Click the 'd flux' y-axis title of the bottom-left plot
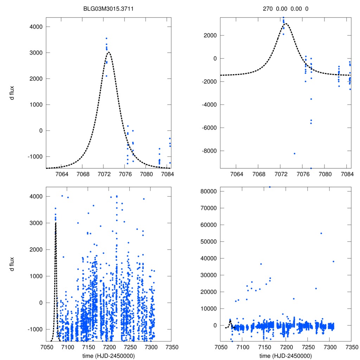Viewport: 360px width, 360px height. coord(12,264)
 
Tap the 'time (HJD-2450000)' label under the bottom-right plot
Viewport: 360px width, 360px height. coord(285,356)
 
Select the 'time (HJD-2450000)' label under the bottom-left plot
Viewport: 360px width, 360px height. coord(108,356)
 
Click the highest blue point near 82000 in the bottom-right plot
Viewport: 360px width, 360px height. coord(270,187)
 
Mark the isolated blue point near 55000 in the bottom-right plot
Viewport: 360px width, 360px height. coord(321,233)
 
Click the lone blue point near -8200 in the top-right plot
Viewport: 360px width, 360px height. coord(294,153)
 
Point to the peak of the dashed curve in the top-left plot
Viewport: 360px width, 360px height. coord(109,52)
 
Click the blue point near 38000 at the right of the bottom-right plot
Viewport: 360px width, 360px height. coord(333,262)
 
